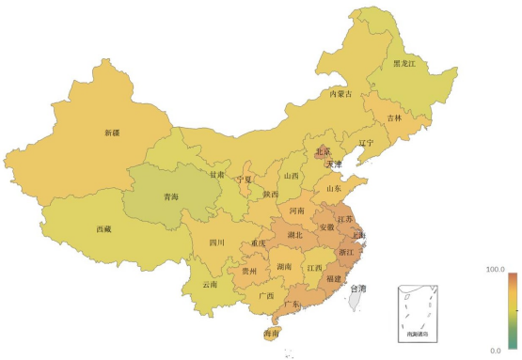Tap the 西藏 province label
coord(104,228)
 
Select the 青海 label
coord(170,197)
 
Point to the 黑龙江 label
coord(403,63)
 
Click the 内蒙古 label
coord(340,94)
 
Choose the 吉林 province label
coord(394,118)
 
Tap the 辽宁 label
coord(365,144)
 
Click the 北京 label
coord(323,151)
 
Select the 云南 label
coord(209,284)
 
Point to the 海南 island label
coord(271,334)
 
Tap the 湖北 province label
coord(294,235)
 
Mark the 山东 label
coord(334,188)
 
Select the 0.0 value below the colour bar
coord(498,351)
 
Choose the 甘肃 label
coord(217,175)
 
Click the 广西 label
coord(265,296)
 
